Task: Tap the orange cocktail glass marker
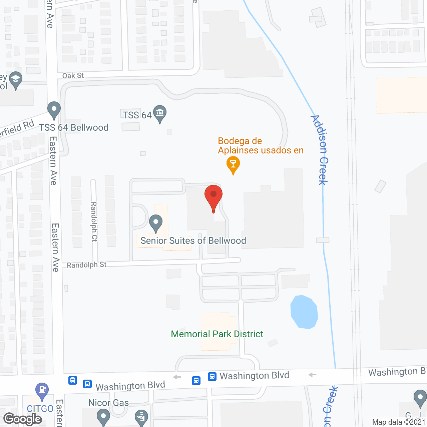(x=233, y=164)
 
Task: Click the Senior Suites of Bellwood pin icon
(x=155, y=223)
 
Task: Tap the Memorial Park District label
(x=217, y=334)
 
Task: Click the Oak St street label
(x=73, y=76)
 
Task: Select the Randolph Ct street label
(x=94, y=222)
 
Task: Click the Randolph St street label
(x=86, y=265)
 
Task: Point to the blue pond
(x=304, y=312)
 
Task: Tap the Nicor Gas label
(x=108, y=403)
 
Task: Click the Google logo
(x=23, y=419)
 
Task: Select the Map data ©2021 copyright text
(x=399, y=422)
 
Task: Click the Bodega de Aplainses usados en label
(x=261, y=145)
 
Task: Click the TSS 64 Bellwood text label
(x=74, y=127)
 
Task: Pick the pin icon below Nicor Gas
(x=103, y=417)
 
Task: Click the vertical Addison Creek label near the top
(x=320, y=150)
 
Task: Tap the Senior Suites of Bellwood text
(x=193, y=241)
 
